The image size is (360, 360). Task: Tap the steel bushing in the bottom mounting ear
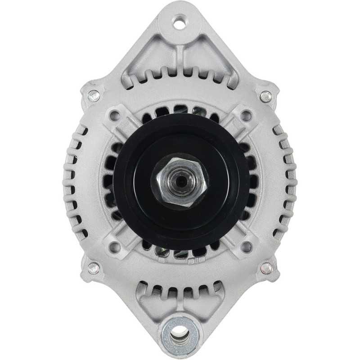[180, 334]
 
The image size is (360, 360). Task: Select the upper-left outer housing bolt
[94, 95]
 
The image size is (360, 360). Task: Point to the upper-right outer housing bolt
[265, 96]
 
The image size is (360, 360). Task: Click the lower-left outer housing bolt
[93, 268]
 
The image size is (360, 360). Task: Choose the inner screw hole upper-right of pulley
[246, 116]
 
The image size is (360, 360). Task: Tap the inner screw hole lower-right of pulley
[246, 247]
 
